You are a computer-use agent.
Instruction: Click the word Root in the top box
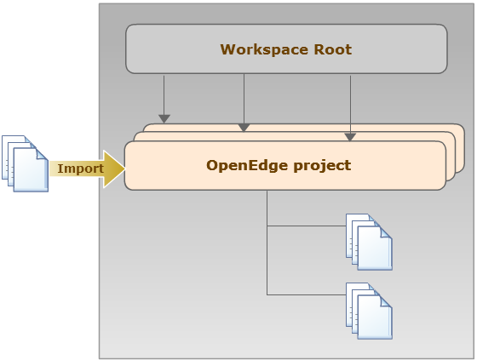[x=333, y=49]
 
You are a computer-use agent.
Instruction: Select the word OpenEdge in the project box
[x=247, y=166]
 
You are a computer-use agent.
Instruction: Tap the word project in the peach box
[x=323, y=166]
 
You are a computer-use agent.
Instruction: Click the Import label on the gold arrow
[x=81, y=169]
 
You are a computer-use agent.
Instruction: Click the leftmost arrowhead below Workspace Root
[x=164, y=118]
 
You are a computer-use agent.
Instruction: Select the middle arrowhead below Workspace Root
[x=244, y=128]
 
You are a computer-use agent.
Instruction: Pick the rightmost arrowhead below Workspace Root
[x=350, y=137]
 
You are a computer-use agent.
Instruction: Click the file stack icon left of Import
[x=25, y=163]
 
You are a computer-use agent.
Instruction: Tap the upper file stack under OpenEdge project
[x=369, y=242]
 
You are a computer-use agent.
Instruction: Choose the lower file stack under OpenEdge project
[x=369, y=311]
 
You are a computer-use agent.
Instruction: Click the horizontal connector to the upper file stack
[x=307, y=226]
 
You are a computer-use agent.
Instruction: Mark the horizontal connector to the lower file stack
[x=307, y=294]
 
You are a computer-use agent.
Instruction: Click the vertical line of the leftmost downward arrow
[x=164, y=95]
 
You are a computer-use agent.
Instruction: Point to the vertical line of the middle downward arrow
[x=244, y=99]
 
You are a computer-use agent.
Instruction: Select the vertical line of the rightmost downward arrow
[x=350, y=105]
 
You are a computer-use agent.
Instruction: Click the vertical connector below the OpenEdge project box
[x=267, y=243]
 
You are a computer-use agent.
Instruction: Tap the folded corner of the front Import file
[x=42, y=154]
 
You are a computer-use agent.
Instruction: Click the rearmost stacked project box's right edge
[x=464, y=148]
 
